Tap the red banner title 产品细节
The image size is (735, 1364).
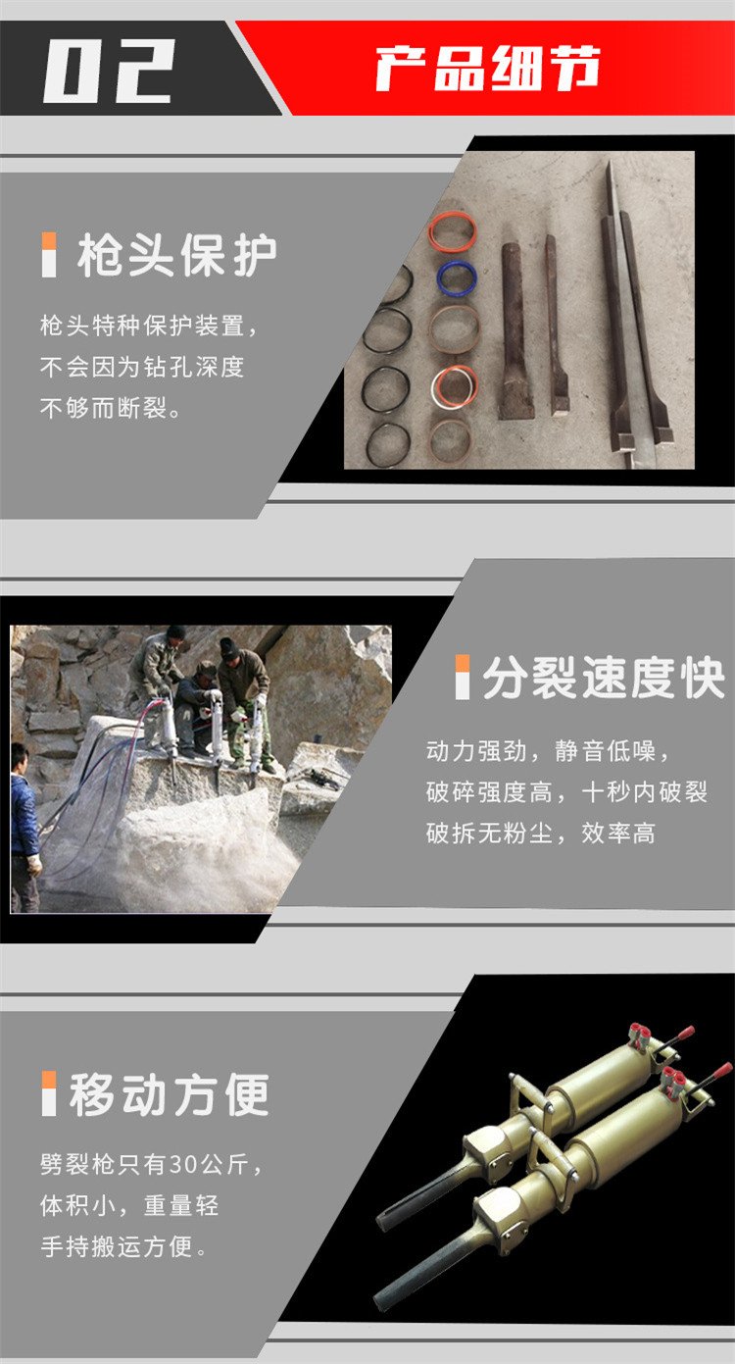point(488,68)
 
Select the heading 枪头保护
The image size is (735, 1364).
point(177,255)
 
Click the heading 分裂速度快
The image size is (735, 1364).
point(605,678)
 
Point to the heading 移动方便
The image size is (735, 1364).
point(170,1094)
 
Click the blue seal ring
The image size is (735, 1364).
point(457,278)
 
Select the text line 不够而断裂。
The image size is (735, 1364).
point(111,408)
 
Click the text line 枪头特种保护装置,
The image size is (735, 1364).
point(150,326)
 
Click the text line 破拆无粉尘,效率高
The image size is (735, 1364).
point(540,834)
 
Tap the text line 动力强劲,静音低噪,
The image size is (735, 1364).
point(548,751)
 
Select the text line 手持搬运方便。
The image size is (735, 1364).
point(124,1246)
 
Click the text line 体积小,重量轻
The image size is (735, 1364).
point(129,1206)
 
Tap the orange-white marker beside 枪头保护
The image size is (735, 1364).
point(49,255)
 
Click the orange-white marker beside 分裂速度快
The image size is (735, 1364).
point(463,677)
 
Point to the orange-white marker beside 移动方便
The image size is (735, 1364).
point(49,1093)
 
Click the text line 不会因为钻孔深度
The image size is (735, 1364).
point(142,367)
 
